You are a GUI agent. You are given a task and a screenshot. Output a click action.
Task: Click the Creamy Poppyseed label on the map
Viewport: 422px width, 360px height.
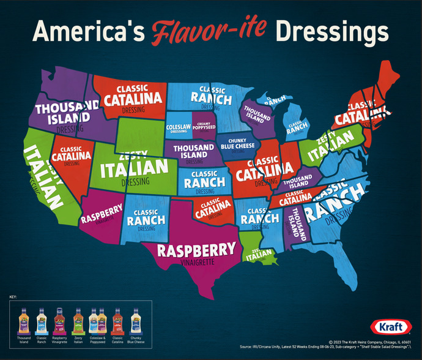pyautogui.click(x=204, y=127)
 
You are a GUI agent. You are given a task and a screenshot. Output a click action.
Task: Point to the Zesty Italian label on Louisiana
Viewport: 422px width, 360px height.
pyautogui.click(x=258, y=256)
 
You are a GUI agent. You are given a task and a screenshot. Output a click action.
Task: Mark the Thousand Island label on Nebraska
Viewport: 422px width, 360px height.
pyautogui.click(x=193, y=151)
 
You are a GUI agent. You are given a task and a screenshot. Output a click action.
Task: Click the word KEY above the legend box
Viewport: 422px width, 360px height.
pyautogui.click(x=13, y=296)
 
